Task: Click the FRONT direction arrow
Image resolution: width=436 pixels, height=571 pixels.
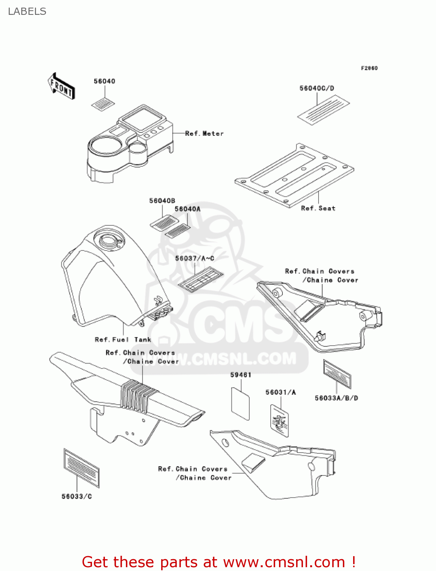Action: [61, 86]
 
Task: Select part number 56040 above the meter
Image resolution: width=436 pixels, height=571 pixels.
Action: [105, 81]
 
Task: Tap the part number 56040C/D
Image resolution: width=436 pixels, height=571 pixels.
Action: [317, 88]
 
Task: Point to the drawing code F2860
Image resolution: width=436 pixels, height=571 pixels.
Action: [369, 68]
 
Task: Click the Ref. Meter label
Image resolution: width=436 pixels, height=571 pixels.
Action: [204, 134]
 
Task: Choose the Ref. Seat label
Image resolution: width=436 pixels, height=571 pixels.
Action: [318, 208]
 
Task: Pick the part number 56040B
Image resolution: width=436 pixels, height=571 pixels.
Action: [162, 201]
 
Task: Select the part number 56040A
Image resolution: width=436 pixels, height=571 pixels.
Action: [187, 209]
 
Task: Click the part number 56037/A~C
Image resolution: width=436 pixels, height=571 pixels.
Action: [195, 258]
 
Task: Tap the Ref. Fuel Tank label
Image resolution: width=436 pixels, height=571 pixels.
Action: [123, 340]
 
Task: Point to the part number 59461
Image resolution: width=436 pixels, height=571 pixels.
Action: [241, 375]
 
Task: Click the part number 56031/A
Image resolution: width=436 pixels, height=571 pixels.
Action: [281, 392]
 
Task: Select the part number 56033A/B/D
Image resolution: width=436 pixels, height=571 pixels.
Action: [336, 398]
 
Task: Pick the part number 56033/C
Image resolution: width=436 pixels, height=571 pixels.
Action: [77, 496]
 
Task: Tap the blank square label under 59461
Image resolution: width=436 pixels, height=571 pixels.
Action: [241, 404]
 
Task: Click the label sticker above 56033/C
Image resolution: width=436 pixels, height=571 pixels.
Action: [81, 468]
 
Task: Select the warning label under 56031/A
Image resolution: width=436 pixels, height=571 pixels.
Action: [280, 421]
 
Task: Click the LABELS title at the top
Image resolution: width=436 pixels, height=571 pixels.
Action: [27, 11]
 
